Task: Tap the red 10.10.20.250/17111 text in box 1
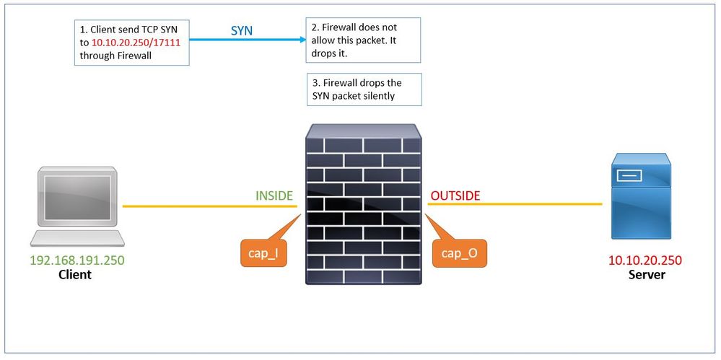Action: [138, 43]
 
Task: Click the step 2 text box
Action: [362, 40]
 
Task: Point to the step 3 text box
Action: [362, 89]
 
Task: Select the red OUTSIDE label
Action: [455, 196]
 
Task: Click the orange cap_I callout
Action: [263, 253]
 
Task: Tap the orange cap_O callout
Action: [459, 253]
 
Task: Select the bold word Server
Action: [647, 274]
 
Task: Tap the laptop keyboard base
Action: [76, 238]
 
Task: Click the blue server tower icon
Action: [641, 196]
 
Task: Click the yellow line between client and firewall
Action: [209, 206]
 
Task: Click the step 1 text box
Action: [131, 43]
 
